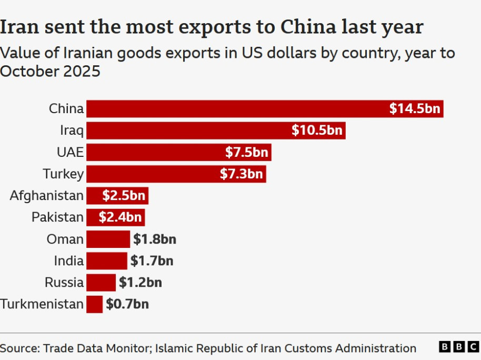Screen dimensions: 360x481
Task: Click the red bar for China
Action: [237, 109]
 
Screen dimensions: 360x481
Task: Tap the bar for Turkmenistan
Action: [94, 304]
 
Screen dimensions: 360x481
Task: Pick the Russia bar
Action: [101, 283]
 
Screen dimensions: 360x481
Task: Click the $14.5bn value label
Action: [415, 109]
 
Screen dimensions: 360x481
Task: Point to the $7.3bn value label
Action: [242, 174]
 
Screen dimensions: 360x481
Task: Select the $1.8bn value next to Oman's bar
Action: [154, 239]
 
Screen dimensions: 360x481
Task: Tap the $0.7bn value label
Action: [127, 304]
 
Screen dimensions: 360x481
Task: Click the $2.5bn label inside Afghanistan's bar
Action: [124, 196]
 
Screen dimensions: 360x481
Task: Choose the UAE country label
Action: [70, 153]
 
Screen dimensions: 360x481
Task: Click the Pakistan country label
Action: [57, 217]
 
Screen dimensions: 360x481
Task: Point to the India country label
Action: [68, 261]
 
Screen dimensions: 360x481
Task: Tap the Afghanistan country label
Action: [47, 196]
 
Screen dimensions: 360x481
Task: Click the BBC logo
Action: [459, 347]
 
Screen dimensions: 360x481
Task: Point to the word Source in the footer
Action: [18, 348]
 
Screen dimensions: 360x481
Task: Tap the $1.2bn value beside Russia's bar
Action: [140, 283]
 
